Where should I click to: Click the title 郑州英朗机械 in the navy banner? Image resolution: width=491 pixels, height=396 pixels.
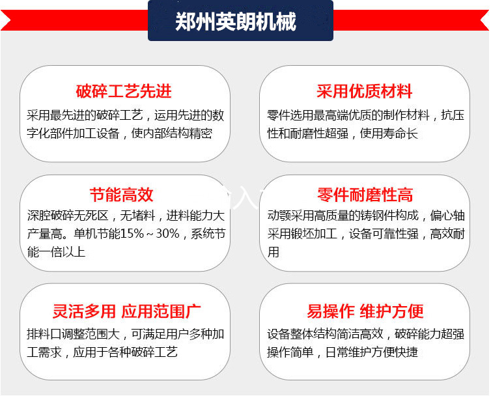pos(236,21)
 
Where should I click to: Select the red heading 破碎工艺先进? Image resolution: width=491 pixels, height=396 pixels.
pos(124,91)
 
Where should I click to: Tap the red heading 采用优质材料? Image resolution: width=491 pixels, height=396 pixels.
pos(364,91)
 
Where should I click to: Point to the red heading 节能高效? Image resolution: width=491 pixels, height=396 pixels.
pos(122,195)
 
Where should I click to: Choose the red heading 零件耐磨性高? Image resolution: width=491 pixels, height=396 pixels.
pos(365,195)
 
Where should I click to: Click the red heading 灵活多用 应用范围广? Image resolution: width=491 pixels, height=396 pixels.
pos(126,311)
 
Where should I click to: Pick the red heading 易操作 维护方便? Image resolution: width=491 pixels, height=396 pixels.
pos(365,311)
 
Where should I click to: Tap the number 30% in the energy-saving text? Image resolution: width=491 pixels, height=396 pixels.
pos(167,234)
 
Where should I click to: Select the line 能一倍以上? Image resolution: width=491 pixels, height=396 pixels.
pos(57,252)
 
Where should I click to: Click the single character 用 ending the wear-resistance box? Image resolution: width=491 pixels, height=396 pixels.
pos(273,252)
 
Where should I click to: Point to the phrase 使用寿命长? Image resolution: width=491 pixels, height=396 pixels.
pos(389,134)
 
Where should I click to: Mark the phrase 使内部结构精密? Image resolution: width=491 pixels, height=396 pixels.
pos(172,134)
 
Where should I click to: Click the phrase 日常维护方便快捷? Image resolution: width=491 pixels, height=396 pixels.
pos(371,352)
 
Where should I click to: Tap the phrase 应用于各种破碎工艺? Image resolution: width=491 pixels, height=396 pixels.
pos(125,352)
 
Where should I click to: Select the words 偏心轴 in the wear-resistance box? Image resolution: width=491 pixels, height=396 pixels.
pos(447,216)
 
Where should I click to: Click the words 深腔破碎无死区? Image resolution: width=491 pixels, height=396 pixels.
pos(68,216)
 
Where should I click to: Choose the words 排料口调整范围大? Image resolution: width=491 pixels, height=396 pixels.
pos(74,334)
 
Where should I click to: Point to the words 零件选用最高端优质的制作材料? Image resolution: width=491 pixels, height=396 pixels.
pos(348,115)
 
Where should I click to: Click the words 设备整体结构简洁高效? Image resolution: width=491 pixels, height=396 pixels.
pos(325,334)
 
